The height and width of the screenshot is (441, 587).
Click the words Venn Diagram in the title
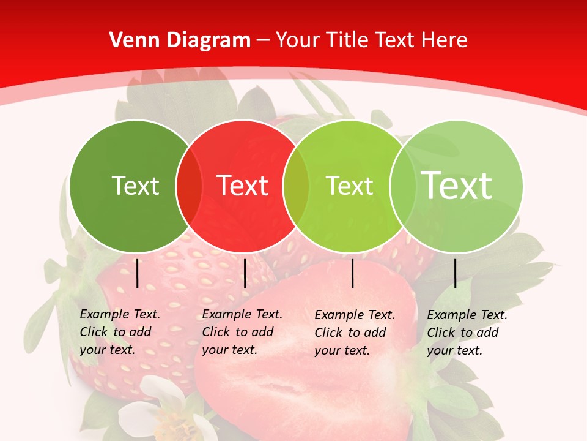tap(180, 40)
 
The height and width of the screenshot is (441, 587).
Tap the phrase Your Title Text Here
tap(371, 40)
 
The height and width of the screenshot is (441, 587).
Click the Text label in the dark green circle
tap(135, 186)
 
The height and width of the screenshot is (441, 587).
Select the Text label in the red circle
tap(243, 186)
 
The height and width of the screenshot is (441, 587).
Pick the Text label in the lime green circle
tap(349, 186)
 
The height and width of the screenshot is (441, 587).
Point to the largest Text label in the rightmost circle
tap(457, 185)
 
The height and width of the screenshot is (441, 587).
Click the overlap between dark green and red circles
tap(189, 186)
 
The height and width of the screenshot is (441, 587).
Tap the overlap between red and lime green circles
tap(296, 186)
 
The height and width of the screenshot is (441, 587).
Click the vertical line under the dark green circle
tap(138, 273)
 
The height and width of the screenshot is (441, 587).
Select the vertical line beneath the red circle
tap(245, 273)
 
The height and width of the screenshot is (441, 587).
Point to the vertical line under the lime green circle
tap(353, 273)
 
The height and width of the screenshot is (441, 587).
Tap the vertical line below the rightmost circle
tap(455, 273)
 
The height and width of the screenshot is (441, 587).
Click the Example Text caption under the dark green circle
tap(119, 332)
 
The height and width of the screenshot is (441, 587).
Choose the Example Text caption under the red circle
tap(242, 332)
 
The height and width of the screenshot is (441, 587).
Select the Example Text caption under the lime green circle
tap(354, 333)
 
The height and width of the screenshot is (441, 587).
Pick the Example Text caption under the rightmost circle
tap(467, 333)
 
